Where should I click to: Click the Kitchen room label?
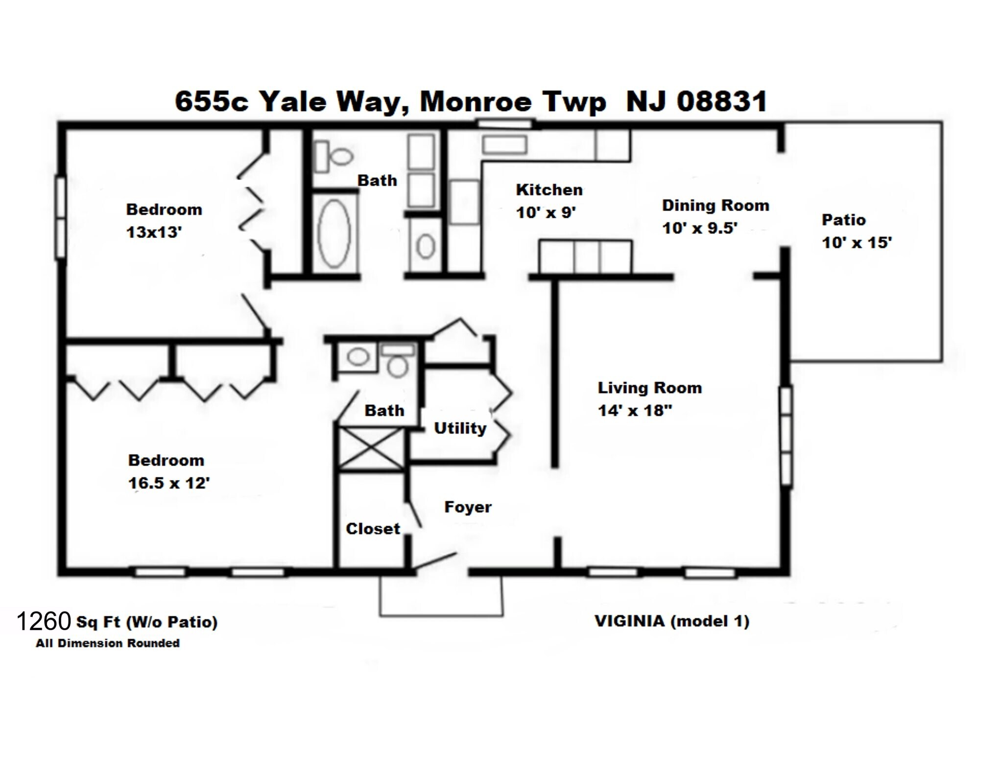point(549,190)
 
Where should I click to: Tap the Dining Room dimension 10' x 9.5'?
point(700,228)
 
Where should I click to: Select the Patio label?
point(843,220)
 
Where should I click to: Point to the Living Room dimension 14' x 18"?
point(635,410)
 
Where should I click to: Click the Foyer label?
point(468,507)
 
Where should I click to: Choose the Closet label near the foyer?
point(373,529)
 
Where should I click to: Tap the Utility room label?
point(460,428)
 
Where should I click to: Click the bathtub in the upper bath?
point(334,233)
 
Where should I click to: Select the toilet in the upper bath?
point(334,156)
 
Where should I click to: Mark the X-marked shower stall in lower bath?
point(372,448)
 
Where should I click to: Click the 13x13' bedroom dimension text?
point(154,232)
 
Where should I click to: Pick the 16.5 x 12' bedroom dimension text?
point(169,483)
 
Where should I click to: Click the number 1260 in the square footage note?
point(44,621)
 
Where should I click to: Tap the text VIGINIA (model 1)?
point(671,621)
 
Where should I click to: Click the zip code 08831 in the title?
point(721,102)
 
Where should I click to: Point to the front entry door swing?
point(435,562)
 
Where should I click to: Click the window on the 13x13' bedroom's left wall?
point(60,217)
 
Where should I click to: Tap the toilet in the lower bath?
point(397,362)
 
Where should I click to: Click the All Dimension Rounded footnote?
point(107,643)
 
